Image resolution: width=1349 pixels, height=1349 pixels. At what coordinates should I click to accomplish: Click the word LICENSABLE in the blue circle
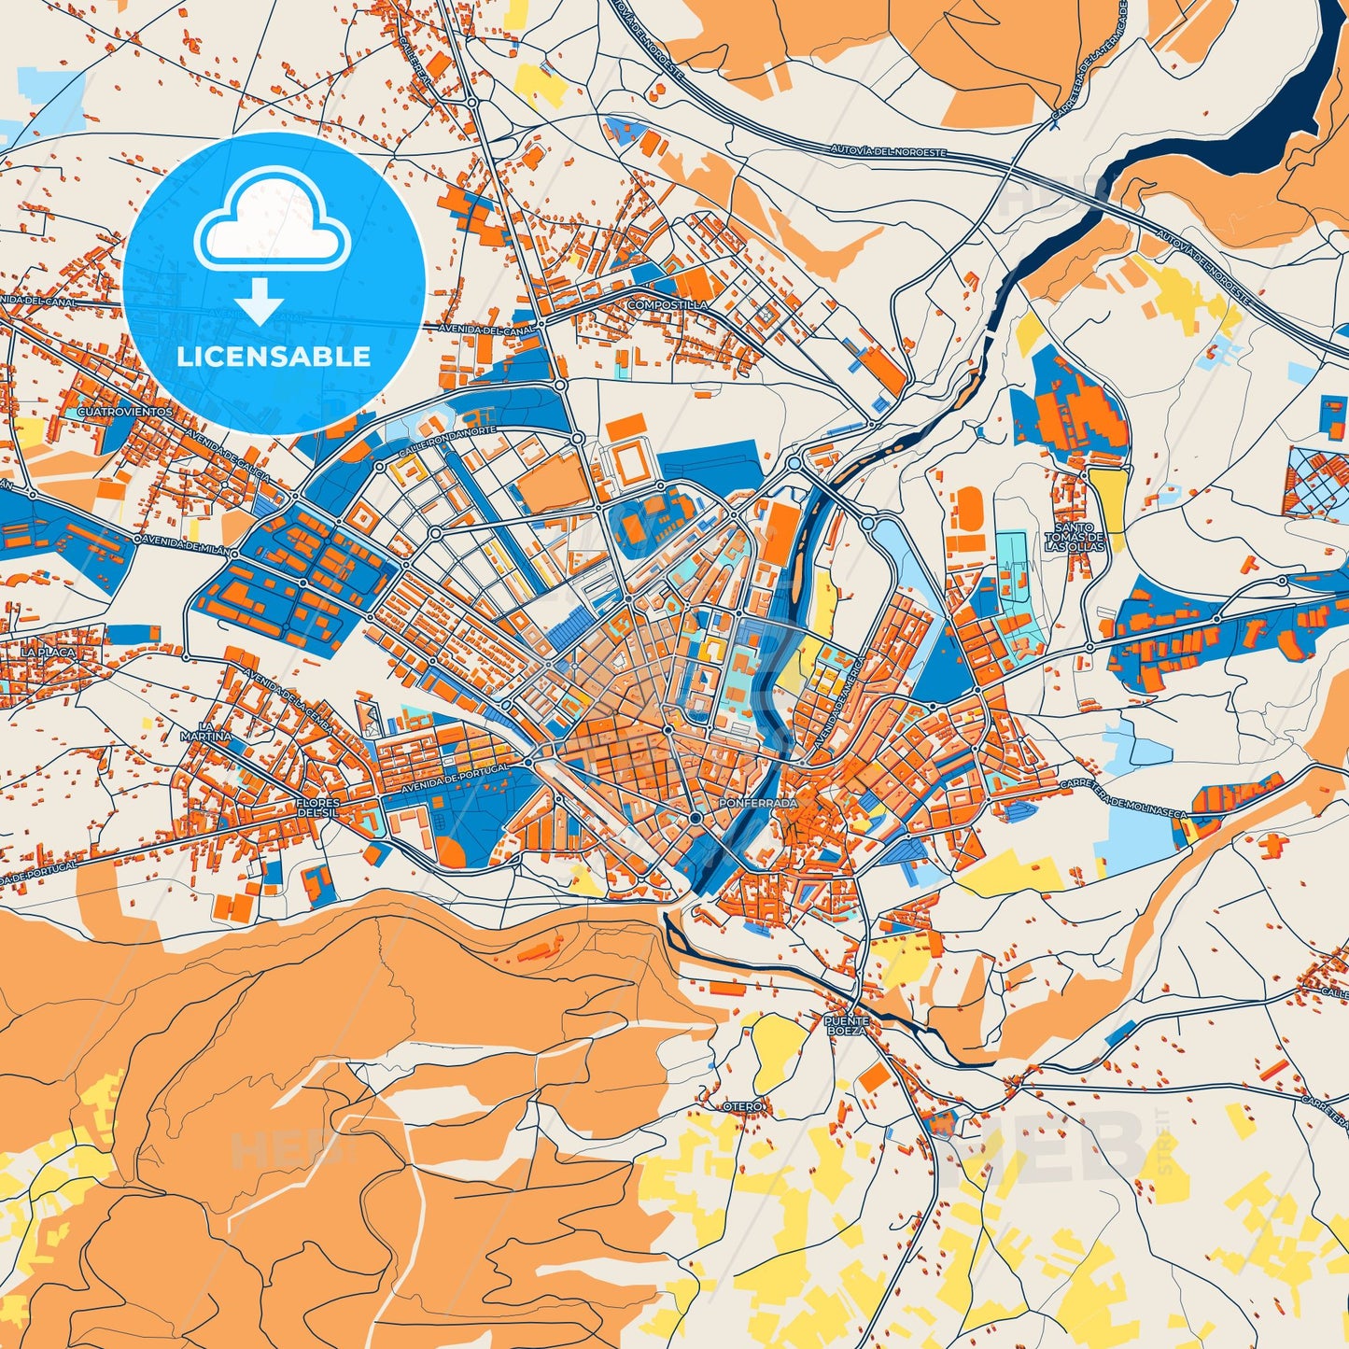point(274,357)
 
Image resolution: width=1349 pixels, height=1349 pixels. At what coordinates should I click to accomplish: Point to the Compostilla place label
point(667,305)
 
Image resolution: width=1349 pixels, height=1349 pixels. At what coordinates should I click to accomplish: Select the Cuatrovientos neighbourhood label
point(126,411)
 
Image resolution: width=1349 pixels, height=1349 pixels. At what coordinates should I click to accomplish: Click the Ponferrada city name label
point(759,802)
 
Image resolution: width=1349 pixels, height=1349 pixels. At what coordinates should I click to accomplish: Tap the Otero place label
point(743,1106)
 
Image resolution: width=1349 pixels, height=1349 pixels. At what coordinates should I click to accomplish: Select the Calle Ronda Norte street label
point(446,443)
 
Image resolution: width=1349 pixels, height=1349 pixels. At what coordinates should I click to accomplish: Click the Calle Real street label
point(416,63)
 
